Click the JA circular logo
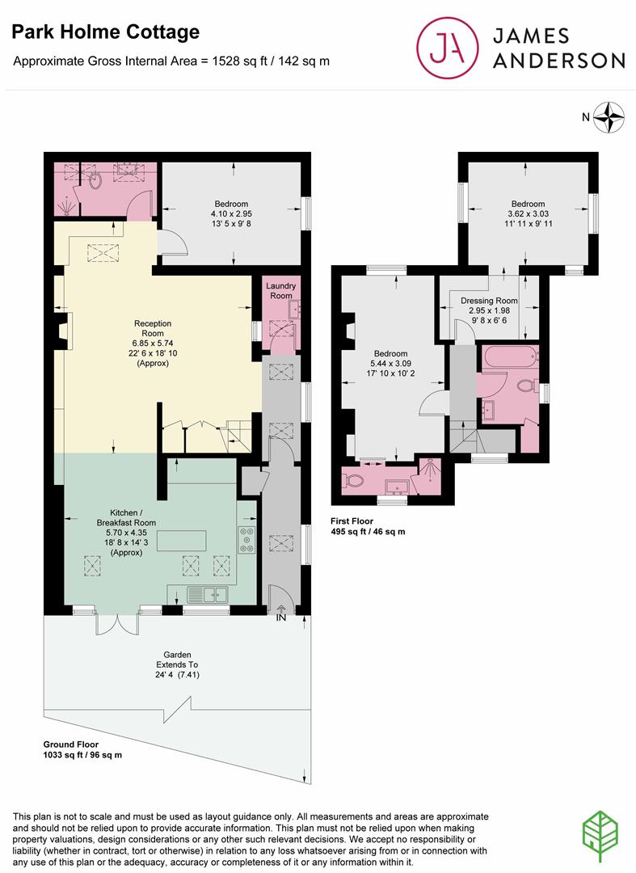(x=448, y=48)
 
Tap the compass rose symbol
(x=609, y=117)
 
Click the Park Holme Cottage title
(x=106, y=32)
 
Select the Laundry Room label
(x=281, y=291)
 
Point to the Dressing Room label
(x=489, y=301)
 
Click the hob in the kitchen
(x=247, y=539)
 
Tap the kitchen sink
(x=208, y=595)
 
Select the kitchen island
(x=181, y=541)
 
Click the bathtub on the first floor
(x=510, y=356)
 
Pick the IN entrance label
(x=281, y=617)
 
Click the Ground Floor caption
(x=70, y=744)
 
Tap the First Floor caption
(x=352, y=521)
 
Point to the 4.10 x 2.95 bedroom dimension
(x=231, y=213)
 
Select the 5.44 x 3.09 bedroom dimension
(x=390, y=364)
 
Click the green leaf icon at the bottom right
(x=600, y=837)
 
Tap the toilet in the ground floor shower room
(x=95, y=179)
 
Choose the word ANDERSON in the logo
(x=558, y=60)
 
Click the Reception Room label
(x=153, y=328)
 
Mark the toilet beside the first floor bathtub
(x=526, y=386)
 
